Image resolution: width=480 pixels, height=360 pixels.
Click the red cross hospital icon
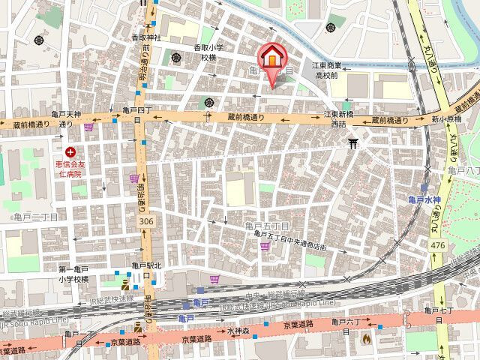70,152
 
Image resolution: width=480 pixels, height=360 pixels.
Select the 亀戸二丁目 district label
35,216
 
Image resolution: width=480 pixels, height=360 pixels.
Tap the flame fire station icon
366,339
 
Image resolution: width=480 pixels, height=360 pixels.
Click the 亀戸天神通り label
66,118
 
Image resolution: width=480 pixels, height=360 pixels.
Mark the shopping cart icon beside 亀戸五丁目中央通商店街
215,279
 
